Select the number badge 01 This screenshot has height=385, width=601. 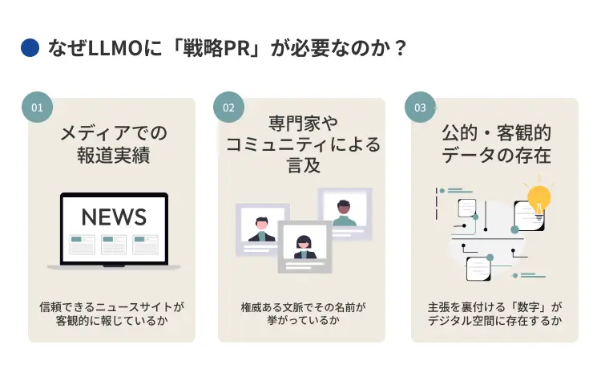pyautogui.click(x=37, y=107)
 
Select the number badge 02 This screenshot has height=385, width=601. pyautogui.click(x=228, y=107)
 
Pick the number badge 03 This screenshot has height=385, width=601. pyautogui.click(x=420, y=107)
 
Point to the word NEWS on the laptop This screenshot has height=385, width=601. pyautogui.click(x=114, y=217)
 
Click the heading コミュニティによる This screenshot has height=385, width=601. pyautogui.click(x=302, y=145)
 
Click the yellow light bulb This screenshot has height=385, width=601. pyautogui.click(x=538, y=198)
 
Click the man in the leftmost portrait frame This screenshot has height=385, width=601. pyautogui.click(x=261, y=229)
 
